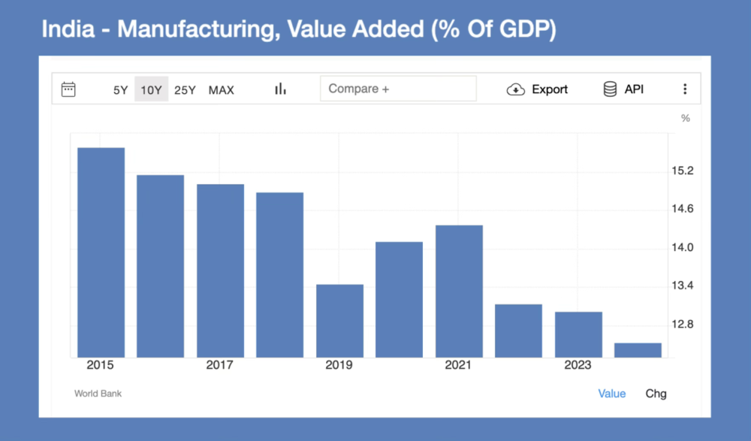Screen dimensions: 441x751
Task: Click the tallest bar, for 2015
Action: tap(101, 252)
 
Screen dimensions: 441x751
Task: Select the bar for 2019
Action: tap(339, 321)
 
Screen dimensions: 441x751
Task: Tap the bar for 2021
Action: tap(459, 291)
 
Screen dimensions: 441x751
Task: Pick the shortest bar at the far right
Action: tap(638, 350)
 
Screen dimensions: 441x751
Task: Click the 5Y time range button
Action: tap(121, 90)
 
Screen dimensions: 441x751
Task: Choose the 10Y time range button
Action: tap(151, 90)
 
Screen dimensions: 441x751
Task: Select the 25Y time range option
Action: tap(185, 90)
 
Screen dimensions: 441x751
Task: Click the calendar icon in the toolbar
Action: tap(68, 89)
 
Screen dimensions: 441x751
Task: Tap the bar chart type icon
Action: tap(280, 89)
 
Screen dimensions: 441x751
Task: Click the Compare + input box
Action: tap(398, 89)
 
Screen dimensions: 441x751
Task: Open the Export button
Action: tap(538, 89)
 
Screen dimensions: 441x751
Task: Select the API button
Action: tap(623, 89)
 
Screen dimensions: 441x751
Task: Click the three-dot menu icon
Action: tap(685, 89)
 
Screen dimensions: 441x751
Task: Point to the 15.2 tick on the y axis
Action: tap(683, 171)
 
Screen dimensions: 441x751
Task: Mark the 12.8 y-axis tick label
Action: tap(683, 325)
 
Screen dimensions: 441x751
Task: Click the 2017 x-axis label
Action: tap(219, 365)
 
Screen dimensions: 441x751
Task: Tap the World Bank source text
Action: tap(98, 394)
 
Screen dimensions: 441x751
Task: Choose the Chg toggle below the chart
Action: tap(656, 394)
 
